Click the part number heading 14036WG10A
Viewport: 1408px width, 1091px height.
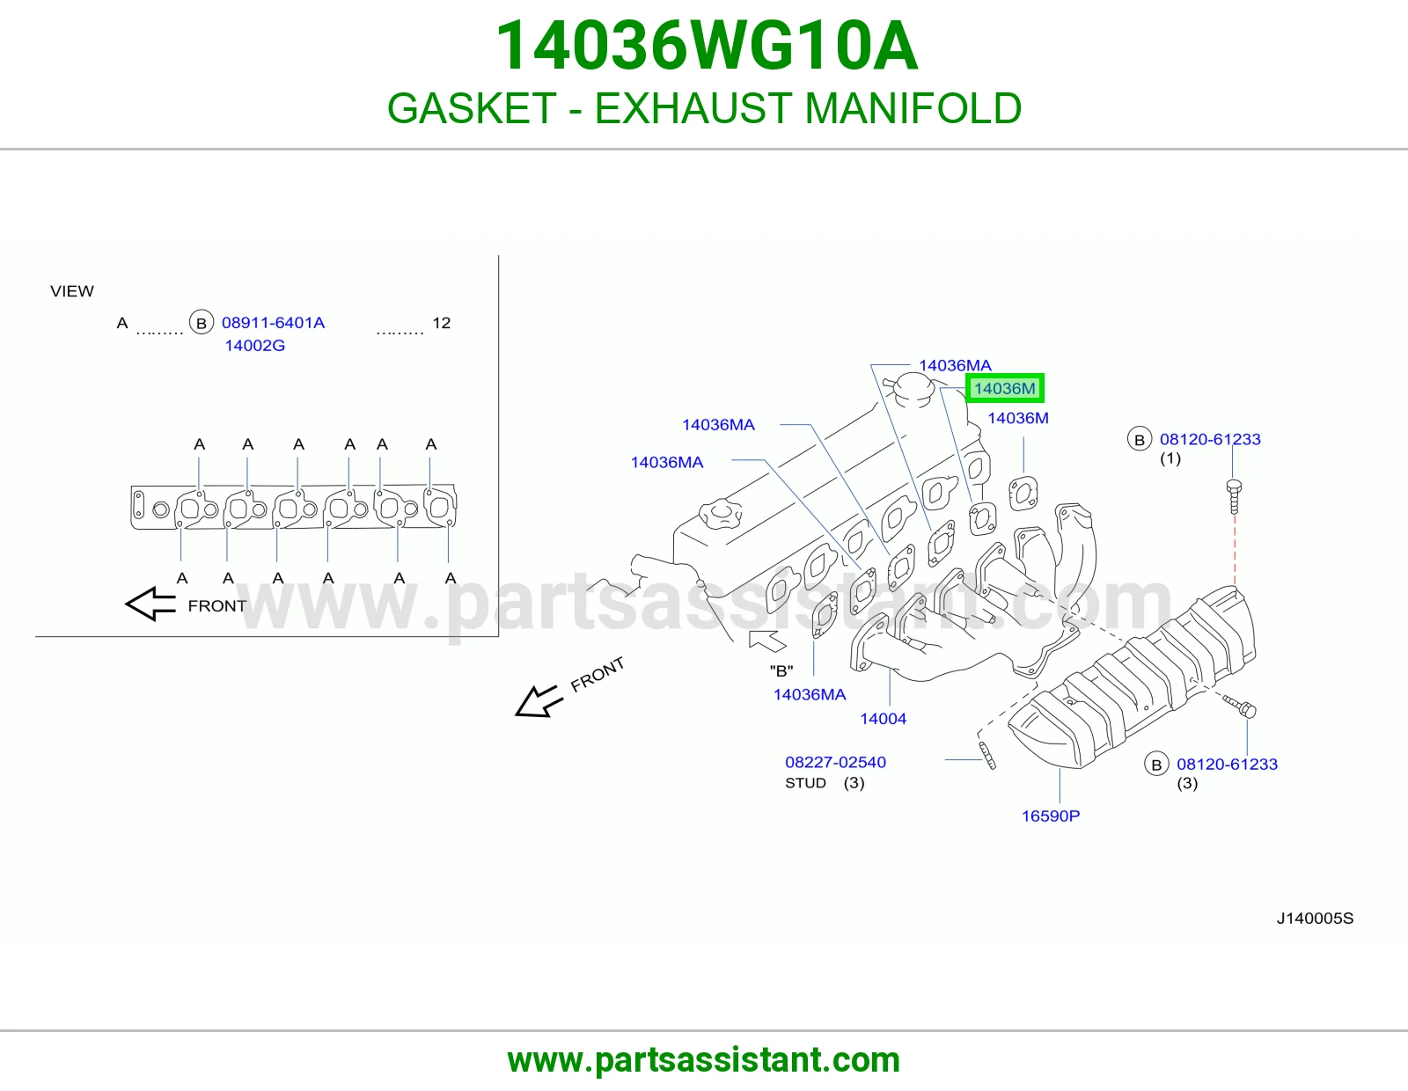click(x=706, y=46)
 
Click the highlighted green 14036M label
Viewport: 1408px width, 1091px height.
click(x=1004, y=388)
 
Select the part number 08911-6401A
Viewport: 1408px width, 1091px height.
click(x=273, y=323)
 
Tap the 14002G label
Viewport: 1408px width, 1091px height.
click(x=254, y=345)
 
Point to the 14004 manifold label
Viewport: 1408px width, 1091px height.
click(x=883, y=719)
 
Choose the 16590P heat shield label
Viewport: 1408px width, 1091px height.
click(x=1051, y=816)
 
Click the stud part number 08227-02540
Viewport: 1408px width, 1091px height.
click(x=835, y=762)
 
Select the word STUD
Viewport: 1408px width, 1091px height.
click(x=805, y=783)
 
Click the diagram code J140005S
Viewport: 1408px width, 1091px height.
click(x=1315, y=918)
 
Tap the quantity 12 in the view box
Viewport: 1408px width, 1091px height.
click(x=441, y=323)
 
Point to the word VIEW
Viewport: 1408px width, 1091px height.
click(x=72, y=291)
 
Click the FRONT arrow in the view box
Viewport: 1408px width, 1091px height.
click(x=150, y=604)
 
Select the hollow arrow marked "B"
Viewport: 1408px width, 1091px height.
click(x=767, y=640)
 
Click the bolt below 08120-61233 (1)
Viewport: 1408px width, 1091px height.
click(x=1234, y=496)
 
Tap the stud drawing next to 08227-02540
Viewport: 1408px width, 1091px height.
click(x=986, y=756)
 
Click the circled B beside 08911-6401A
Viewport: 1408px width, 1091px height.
click(x=201, y=323)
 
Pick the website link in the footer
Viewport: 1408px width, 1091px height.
click(x=704, y=1060)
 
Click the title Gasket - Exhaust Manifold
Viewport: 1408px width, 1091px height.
click(x=704, y=107)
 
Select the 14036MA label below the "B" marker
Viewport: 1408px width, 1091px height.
click(x=810, y=694)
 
